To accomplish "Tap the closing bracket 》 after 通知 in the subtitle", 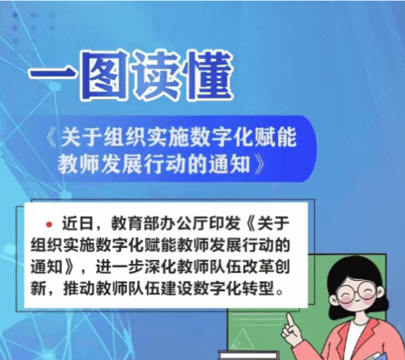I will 259,163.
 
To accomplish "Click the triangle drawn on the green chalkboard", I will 242,339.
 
